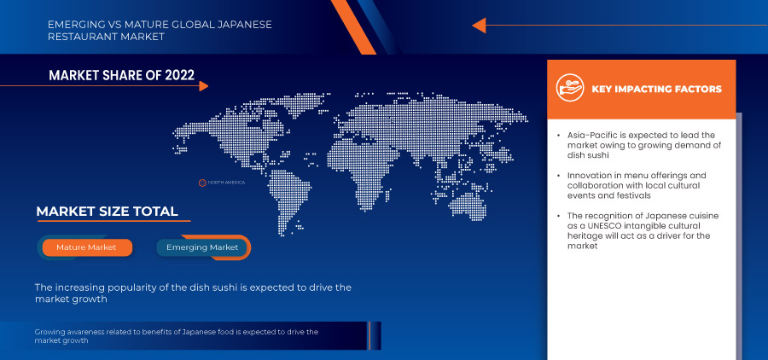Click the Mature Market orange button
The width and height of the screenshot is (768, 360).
85,247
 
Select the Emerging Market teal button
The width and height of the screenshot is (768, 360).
203,247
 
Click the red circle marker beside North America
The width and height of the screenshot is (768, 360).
203,183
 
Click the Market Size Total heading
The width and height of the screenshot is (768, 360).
107,212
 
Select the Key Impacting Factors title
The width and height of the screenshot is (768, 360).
656,89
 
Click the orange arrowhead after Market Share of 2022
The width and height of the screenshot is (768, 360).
202,85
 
